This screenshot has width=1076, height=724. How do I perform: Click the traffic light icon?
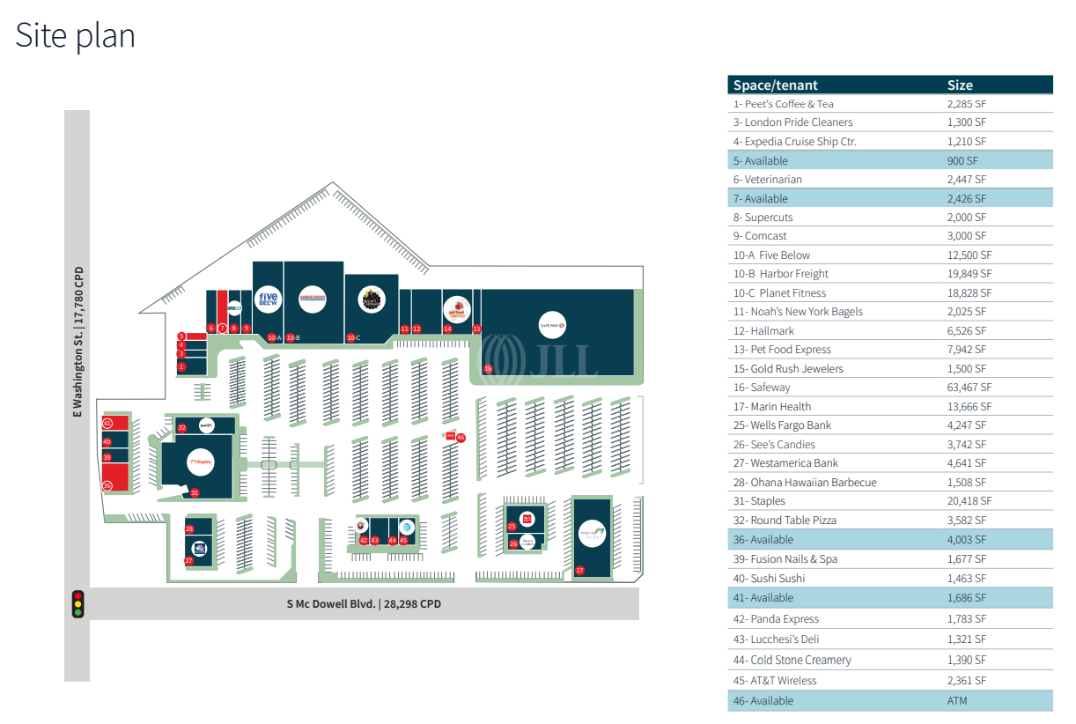[78, 604]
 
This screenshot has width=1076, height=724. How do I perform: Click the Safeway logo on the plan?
[552, 325]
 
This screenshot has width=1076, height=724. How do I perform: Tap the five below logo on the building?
[268, 300]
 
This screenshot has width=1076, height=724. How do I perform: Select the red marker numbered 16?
[488, 368]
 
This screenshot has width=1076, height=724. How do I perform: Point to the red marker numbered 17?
[579, 571]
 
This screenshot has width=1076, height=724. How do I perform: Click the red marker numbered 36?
[107, 485]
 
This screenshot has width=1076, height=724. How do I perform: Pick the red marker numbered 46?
[461, 437]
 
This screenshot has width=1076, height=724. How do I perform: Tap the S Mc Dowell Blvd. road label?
[364, 604]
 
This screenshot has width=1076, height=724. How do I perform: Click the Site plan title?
[76, 36]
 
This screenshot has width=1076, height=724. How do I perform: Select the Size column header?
[960, 85]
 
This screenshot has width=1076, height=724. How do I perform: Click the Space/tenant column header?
[776, 85]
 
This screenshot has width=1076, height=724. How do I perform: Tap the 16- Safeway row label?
[762, 388]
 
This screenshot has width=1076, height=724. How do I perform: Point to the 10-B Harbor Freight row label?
[781, 274]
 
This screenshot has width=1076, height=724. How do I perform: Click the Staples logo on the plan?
[201, 461]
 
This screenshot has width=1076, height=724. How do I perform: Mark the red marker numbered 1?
[181, 366]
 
